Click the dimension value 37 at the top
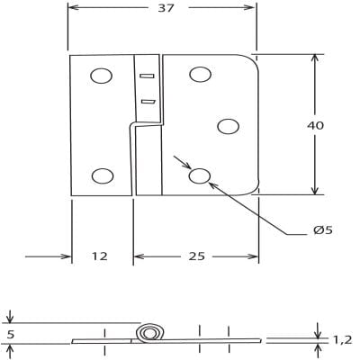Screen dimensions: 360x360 [x=166, y=8]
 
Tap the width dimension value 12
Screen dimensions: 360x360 [x=99, y=256]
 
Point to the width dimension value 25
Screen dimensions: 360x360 [x=197, y=256]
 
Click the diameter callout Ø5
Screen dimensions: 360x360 [x=323, y=230]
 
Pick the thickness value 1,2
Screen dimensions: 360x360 [x=343, y=339]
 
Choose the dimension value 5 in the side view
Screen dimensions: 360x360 [x=10, y=334]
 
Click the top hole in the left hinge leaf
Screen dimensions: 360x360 [x=102, y=76]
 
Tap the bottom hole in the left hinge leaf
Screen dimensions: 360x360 [x=103, y=175]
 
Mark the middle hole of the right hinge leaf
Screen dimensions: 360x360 [x=229, y=126]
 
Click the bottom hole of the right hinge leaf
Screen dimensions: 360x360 [x=200, y=176]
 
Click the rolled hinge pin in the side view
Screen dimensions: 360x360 [x=148, y=334]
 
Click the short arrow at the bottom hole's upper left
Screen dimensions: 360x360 [x=184, y=165]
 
